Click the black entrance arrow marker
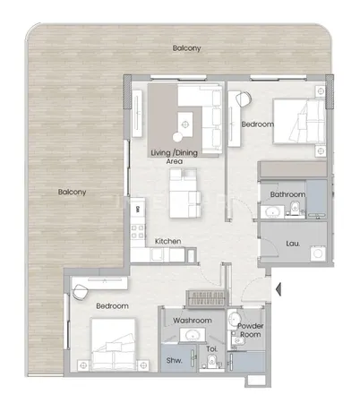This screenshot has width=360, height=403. [279, 289]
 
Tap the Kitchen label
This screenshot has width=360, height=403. [167, 241]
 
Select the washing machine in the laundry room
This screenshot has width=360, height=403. [318, 253]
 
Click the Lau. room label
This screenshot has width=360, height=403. [293, 244]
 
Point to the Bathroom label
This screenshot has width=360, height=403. [287, 194]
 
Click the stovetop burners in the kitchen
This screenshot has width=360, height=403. [138, 232]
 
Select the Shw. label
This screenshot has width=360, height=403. [174, 360]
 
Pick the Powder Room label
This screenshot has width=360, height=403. [251, 330]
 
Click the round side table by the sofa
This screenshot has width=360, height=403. [177, 137]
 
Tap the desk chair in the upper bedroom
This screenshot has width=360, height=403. [244, 99]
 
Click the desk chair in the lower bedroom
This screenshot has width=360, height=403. [80, 292]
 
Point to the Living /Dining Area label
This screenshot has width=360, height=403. [175, 157]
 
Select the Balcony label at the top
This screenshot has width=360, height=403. [186, 48]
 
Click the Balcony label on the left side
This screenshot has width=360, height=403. [72, 192]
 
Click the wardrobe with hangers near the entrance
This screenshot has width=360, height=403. [205, 298]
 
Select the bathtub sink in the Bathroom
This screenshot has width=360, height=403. [272, 211]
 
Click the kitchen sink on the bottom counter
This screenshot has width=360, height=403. [157, 255]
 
